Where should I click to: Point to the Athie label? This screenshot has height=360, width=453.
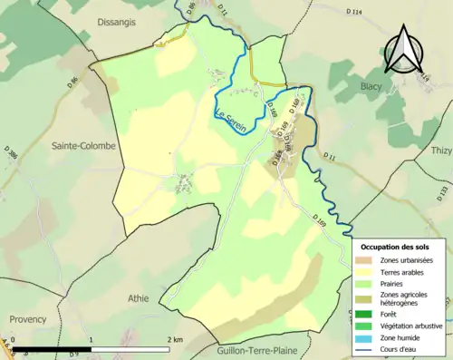point(139,297)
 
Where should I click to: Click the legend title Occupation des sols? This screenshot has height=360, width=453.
point(401,247)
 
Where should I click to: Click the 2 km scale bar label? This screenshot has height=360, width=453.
point(176,339)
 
